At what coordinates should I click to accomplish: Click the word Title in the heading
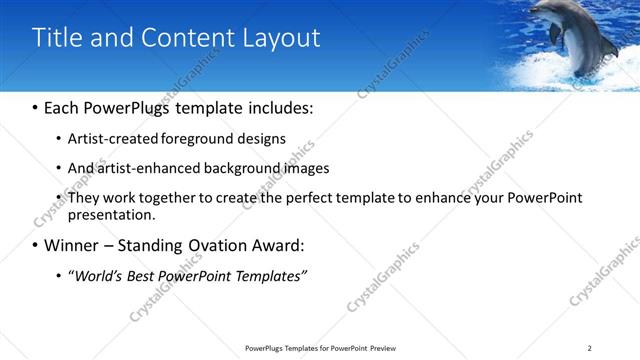pos(59,38)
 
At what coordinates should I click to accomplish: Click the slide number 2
pos(590,348)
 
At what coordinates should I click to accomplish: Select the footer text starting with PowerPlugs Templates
pos(320,348)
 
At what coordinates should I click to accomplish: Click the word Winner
pos(75,245)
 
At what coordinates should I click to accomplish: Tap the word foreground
pos(184,139)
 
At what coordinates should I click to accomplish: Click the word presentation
pos(111,214)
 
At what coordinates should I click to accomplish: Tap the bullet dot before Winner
pos(36,245)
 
